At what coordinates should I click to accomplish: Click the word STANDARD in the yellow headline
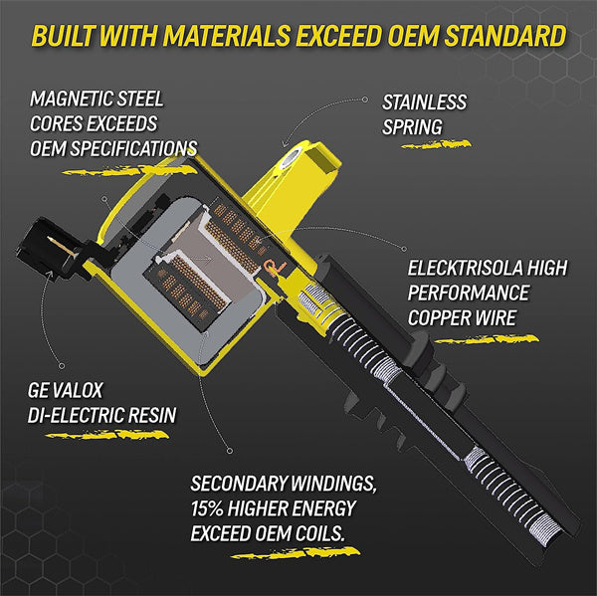[505, 36]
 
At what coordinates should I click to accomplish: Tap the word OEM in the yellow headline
[413, 36]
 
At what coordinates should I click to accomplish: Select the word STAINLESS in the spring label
[424, 102]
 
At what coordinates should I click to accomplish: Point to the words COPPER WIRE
[462, 317]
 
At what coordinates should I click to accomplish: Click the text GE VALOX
[65, 390]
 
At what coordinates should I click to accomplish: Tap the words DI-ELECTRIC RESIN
[102, 415]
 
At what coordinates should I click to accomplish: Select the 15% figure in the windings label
[207, 508]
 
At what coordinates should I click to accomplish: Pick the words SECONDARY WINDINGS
[284, 484]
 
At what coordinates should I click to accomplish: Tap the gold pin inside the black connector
[61, 245]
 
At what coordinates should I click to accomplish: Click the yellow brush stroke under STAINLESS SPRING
[437, 144]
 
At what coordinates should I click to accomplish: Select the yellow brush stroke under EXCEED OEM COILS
[297, 553]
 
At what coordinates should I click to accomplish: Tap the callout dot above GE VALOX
[62, 365]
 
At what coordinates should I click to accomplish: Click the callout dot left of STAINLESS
[365, 99]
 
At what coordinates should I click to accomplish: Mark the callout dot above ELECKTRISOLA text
[404, 249]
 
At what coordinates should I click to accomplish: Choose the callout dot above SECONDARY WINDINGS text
[229, 451]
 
